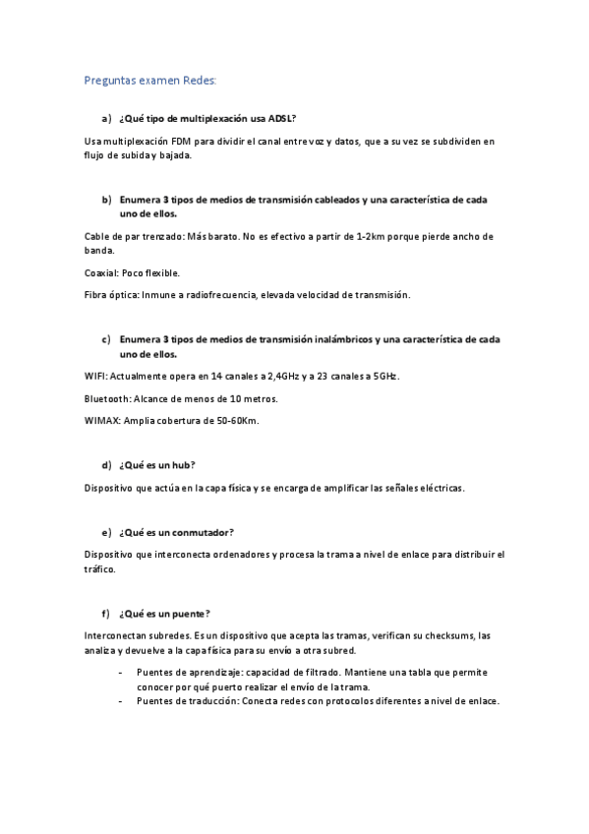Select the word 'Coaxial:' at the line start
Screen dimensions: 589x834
pyautogui.click(x=101, y=272)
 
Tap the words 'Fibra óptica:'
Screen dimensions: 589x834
pyautogui.click(x=113, y=294)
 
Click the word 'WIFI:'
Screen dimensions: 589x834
pyautogui.click(x=96, y=377)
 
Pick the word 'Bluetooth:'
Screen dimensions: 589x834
pyautogui.click(x=107, y=398)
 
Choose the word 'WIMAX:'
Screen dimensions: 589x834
pyautogui.click(x=102, y=421)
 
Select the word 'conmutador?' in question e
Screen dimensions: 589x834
pyautogui.click(x=202, y=532)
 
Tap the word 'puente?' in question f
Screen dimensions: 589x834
pyautogui.click(x=192, y=614)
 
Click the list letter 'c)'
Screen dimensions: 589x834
pyautogui.click(x=105, y=339)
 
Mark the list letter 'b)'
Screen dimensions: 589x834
pyautogui.click(x=105, y=200)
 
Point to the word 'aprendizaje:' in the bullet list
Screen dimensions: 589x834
pyautogui.click(x=204, y=673)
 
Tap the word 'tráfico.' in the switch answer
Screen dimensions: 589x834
pyautogui.click(x=100, y=569)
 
